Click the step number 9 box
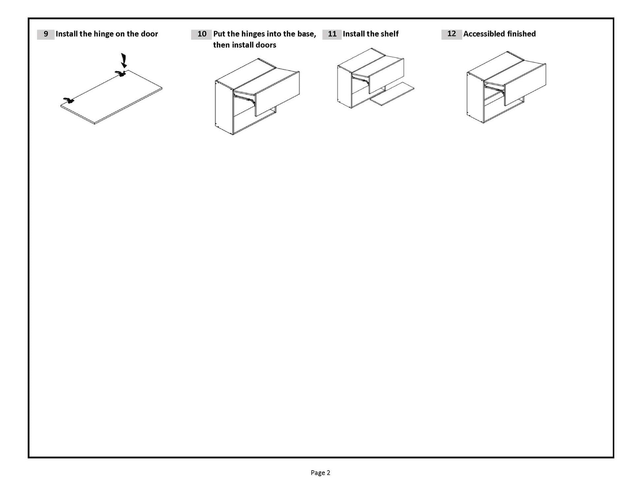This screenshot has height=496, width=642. (x=46, y=34)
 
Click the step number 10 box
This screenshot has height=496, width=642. (x=201, y=34)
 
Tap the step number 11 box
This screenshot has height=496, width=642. (x=332, y=34)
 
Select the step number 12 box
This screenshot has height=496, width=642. (x=451, y=34)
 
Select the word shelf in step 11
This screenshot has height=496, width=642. (x=389, y=34)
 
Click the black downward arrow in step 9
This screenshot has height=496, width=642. (x=124, y=60)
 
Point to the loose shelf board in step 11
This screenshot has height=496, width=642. (x=392, y=94)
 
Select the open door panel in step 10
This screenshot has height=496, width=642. (x=277, y=93)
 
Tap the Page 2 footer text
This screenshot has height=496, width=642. (x=320, y=473)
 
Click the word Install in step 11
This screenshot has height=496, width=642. (x=354, y=34)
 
